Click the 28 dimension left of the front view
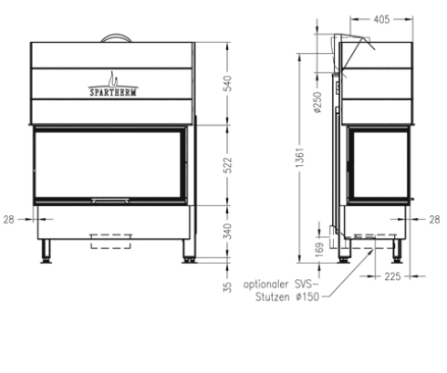point(9,219)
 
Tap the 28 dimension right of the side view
point(433,219)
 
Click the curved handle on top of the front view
point(114,37)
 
